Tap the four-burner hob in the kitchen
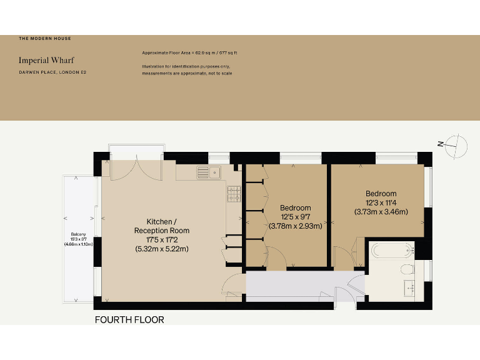234,194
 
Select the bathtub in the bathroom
392,251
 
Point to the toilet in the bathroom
407,270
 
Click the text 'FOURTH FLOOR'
129,320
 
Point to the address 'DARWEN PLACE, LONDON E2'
52,74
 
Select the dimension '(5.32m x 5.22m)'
162,249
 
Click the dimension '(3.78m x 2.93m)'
295,226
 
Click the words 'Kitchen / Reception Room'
162,226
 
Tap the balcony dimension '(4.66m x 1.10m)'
78,244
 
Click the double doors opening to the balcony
136,165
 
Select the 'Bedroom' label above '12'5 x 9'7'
295,207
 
